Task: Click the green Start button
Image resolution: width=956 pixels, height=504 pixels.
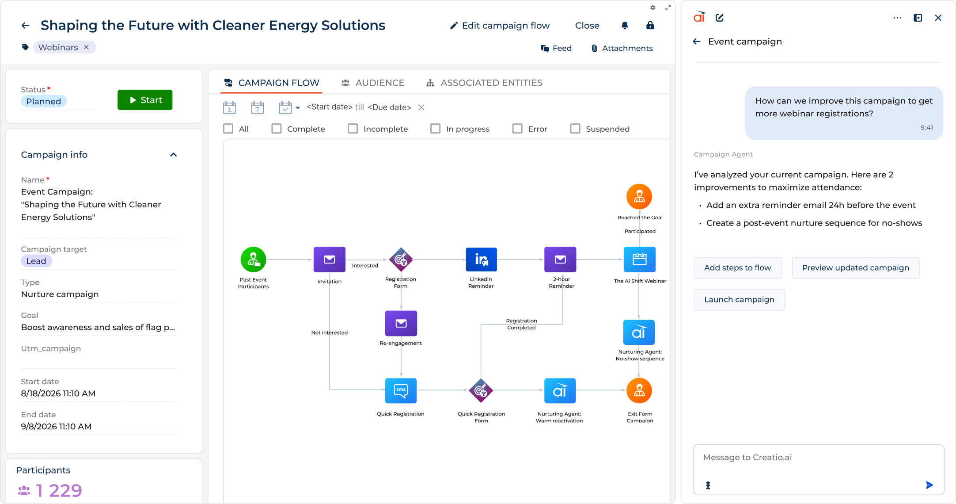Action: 145,100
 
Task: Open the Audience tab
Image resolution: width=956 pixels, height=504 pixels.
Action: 373,83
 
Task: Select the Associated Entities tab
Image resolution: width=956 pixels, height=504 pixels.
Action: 484,83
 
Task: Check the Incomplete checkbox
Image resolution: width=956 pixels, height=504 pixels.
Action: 353,129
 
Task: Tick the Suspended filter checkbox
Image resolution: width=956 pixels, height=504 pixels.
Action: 575,129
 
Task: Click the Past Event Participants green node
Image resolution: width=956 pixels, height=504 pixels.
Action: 254,260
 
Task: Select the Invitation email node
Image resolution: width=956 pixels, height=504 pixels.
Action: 330,260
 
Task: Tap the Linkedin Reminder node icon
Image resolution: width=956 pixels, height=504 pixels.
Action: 481,260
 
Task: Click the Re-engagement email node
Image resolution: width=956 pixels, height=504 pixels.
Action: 401,323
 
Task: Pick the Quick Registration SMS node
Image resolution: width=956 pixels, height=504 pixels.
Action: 401,391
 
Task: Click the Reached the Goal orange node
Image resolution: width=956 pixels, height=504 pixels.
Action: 639,196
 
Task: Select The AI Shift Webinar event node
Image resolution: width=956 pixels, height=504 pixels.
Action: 639,260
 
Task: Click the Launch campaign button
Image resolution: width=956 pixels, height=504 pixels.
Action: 739,299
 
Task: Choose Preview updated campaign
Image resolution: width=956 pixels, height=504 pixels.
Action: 855,267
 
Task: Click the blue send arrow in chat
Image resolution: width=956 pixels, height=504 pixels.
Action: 929,485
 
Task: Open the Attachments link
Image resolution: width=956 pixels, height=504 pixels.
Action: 622,48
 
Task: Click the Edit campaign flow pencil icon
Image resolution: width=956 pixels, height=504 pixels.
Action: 454,26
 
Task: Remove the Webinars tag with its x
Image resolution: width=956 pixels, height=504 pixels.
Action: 87,47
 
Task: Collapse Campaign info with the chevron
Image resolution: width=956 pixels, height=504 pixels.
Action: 174,155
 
